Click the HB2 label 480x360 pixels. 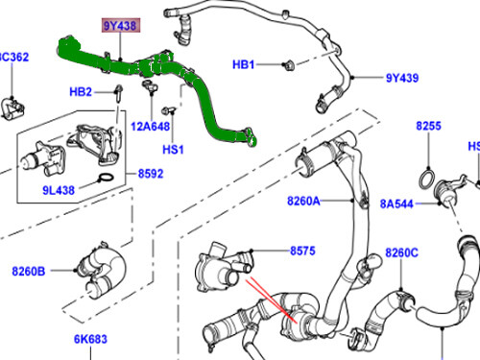[80, 92]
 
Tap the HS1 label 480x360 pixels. [173, 150]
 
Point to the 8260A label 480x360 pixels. [302, 202]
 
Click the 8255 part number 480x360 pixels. [429, 127]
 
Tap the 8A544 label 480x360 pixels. [396, 203]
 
